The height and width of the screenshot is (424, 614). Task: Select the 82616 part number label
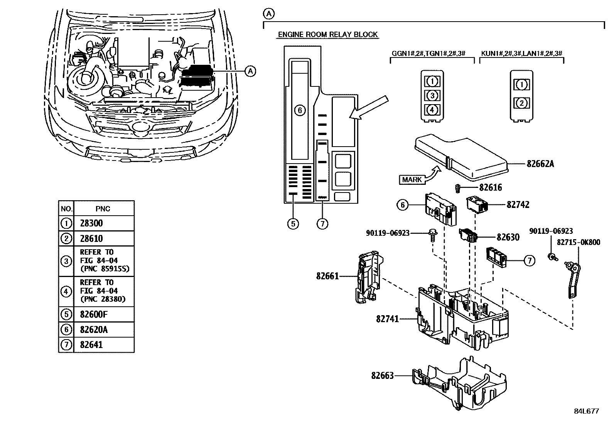pos(491,188)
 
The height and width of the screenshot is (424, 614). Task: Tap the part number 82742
pos(518,205)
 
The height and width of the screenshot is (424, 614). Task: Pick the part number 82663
pos(383,375)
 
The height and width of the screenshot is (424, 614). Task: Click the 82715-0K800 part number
pos(578,243)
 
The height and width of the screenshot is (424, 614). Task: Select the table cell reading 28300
pos(91,223)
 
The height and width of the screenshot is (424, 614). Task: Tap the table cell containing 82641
pos(91,345)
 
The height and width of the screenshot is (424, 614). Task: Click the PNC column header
pos(103,209)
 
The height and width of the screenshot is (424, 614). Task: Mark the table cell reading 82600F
pos(94,314)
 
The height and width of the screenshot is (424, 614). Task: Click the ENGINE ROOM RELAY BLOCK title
pos(328,35)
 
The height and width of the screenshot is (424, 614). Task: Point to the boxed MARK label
pos(412,179)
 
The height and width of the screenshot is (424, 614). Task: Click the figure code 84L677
pos(586,411)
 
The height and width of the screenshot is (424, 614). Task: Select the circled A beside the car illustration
pos(250,71)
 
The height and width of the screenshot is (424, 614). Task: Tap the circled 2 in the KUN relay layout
pos(521,103)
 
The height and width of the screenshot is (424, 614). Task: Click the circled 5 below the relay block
pos(293,223)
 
